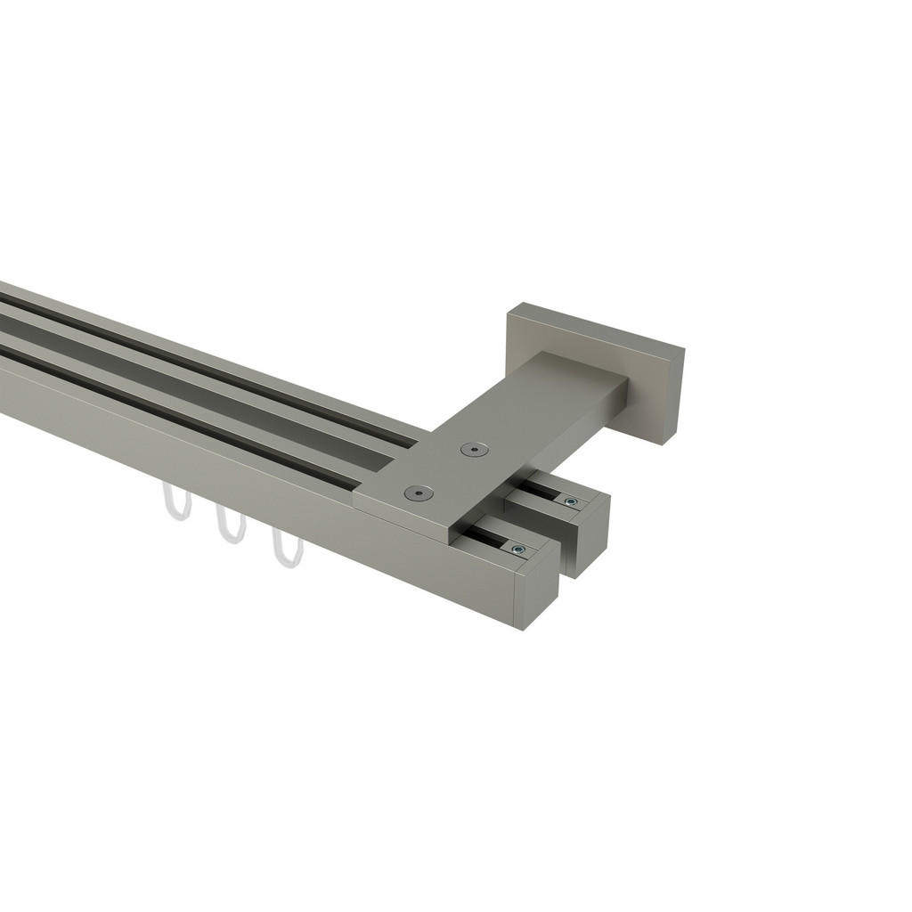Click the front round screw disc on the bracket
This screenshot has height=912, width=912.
419,493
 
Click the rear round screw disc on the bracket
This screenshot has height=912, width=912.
474,450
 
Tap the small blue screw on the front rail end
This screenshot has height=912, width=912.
518,549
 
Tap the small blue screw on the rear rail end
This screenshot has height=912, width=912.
571,502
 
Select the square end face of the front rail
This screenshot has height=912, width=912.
536,594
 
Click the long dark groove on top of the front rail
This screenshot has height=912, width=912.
178,415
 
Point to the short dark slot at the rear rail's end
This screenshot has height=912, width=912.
541,491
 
